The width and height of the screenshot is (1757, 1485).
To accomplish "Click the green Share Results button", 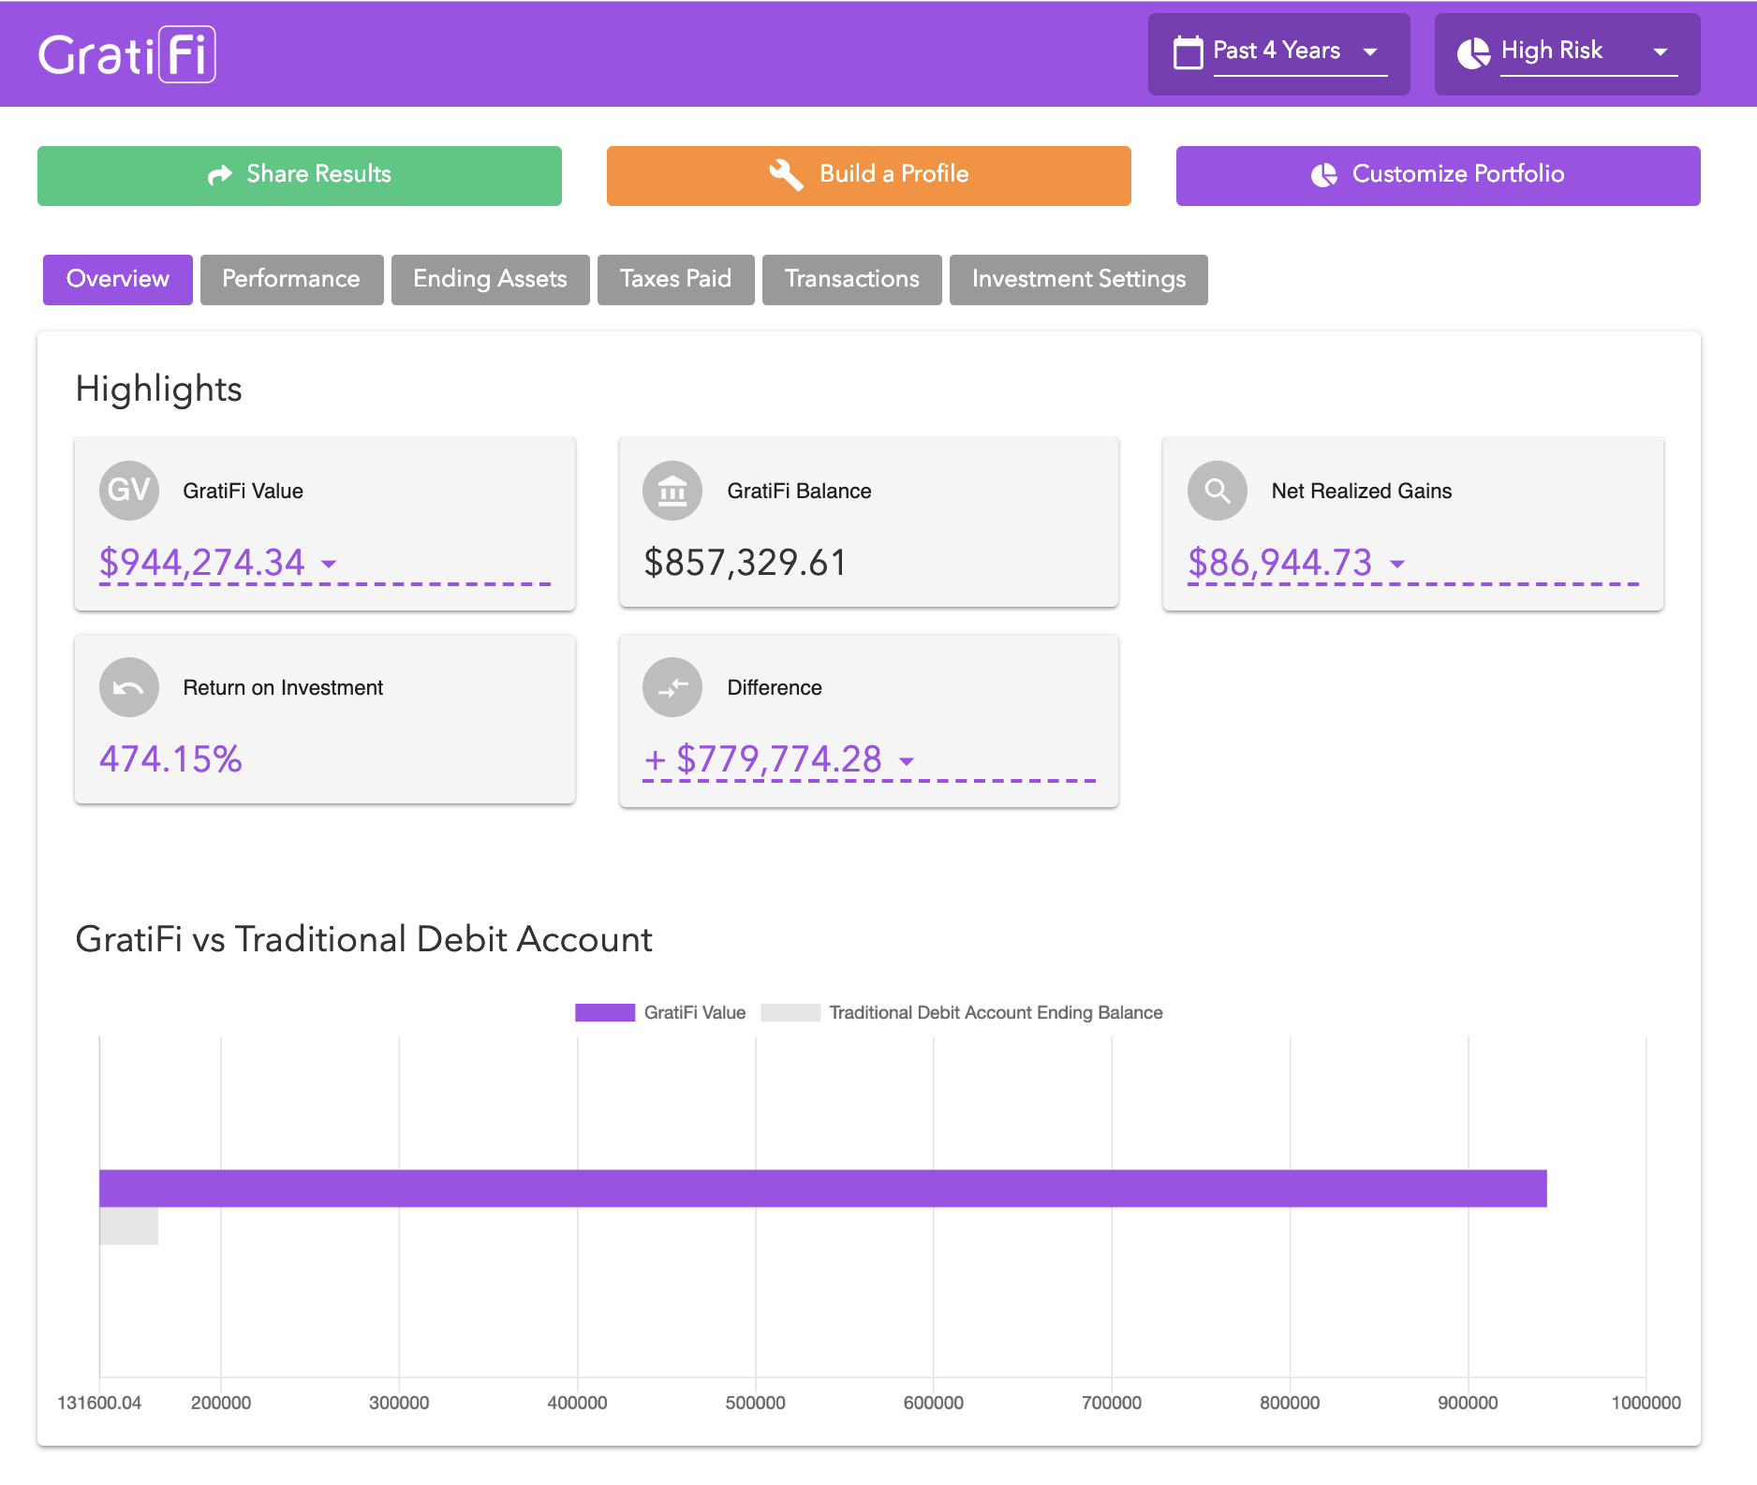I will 300,175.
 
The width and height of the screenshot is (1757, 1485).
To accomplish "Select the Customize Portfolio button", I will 1438,175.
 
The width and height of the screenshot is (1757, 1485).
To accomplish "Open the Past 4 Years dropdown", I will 1279,52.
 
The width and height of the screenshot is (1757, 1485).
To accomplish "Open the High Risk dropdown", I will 1567,52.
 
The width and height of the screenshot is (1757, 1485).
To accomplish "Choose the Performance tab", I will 291,279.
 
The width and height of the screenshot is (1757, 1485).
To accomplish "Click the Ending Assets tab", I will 490,279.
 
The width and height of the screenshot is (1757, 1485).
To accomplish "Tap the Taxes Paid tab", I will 675,279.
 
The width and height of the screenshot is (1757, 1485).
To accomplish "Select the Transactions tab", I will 851,279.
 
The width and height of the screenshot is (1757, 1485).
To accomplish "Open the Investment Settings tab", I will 1078,279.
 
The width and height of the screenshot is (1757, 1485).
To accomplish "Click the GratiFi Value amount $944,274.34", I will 203,563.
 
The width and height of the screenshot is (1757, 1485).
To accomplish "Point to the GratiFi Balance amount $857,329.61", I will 745,563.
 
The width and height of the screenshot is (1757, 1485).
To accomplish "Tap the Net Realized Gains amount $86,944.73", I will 1280,563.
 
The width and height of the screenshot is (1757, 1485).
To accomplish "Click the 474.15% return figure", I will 171,759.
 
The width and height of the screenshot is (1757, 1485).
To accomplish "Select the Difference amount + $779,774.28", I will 764,759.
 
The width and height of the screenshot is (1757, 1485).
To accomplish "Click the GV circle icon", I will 129,490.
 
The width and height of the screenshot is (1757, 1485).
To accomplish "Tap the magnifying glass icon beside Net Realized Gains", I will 1217,490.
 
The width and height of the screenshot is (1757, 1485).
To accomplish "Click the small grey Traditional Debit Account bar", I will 129,1226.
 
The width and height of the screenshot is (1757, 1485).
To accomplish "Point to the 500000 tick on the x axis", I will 755,1403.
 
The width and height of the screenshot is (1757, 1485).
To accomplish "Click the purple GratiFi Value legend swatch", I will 605,1012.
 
